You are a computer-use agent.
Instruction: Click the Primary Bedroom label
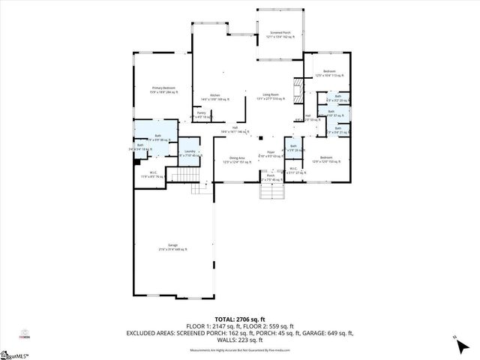coord(163,90)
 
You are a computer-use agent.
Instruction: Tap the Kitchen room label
coord(214,97)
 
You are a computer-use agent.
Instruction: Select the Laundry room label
coord(189,152)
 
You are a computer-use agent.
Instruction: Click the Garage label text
coord(172,247)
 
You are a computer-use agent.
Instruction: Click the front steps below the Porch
coord(271,193)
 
